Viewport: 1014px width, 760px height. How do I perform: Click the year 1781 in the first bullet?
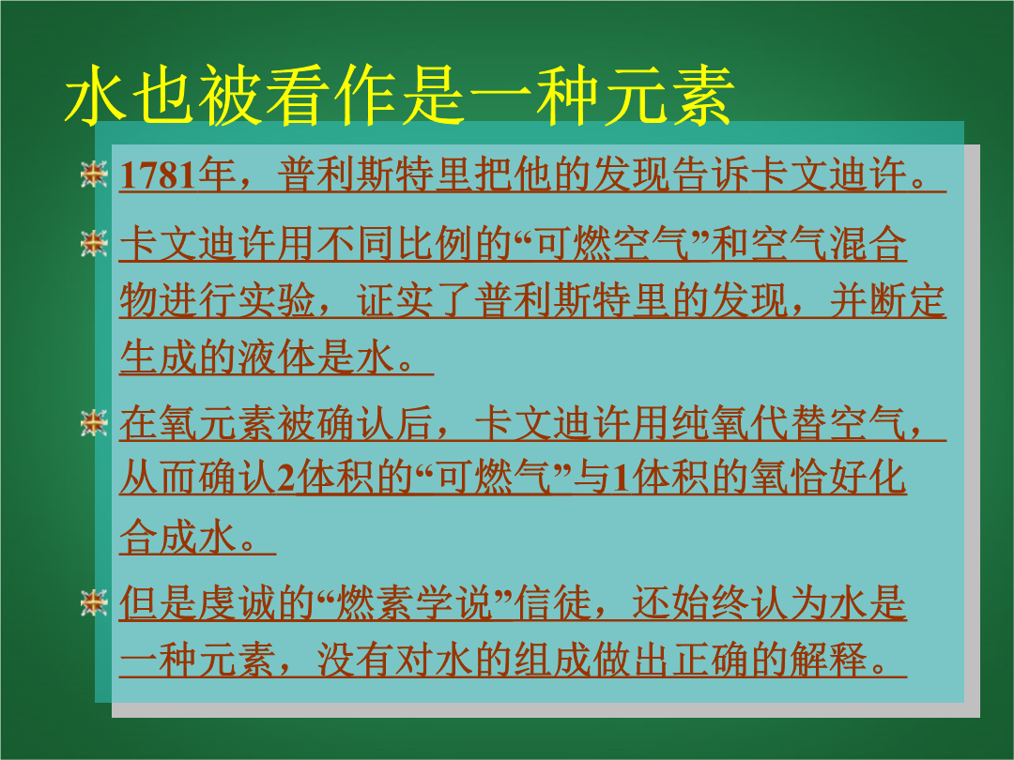(158, 175)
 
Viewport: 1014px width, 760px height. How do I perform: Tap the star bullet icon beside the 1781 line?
(94, 174)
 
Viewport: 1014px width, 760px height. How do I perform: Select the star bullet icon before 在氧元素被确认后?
(94, 422)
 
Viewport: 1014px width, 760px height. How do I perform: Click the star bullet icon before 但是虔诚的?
(94, 602)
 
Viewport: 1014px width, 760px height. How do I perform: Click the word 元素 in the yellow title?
(668, 95)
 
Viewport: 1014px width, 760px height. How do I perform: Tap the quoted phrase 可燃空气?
(614, 244)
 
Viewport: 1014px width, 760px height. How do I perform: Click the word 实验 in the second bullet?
(276, 300)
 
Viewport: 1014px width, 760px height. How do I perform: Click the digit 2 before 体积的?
(285, 479)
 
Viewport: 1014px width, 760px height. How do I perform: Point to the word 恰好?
(828, 479)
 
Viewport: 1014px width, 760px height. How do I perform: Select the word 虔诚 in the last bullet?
(237, 603)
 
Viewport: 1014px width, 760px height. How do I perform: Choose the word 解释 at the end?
(828, 660)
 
